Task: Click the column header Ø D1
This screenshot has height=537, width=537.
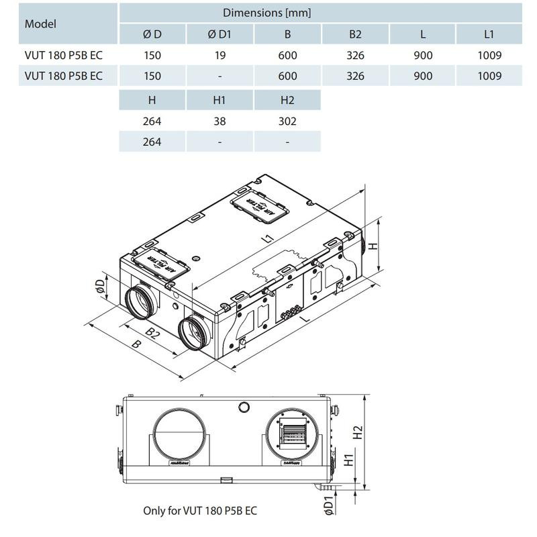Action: pyautogui.click(x=220, y=35)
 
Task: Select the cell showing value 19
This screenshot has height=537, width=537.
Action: pyautogui.click(x=220, y=56)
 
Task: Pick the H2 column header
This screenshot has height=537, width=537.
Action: pyautogui.click(x=287, y=100)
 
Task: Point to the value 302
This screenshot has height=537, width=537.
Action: pyautogui.click(x=287, y=121)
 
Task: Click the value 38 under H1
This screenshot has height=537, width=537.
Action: pyautogui.click(x=220, y=121)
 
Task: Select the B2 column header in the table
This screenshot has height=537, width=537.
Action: pyautogui.click(x=355, y=35)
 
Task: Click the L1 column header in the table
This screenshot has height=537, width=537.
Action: pyautogui.click(x=489, y=35)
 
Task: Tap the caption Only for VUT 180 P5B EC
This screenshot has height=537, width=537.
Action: pyautogui.click(x=199, y=510)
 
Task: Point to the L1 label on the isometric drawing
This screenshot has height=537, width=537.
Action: pyautogui.click(x=268, y=237)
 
